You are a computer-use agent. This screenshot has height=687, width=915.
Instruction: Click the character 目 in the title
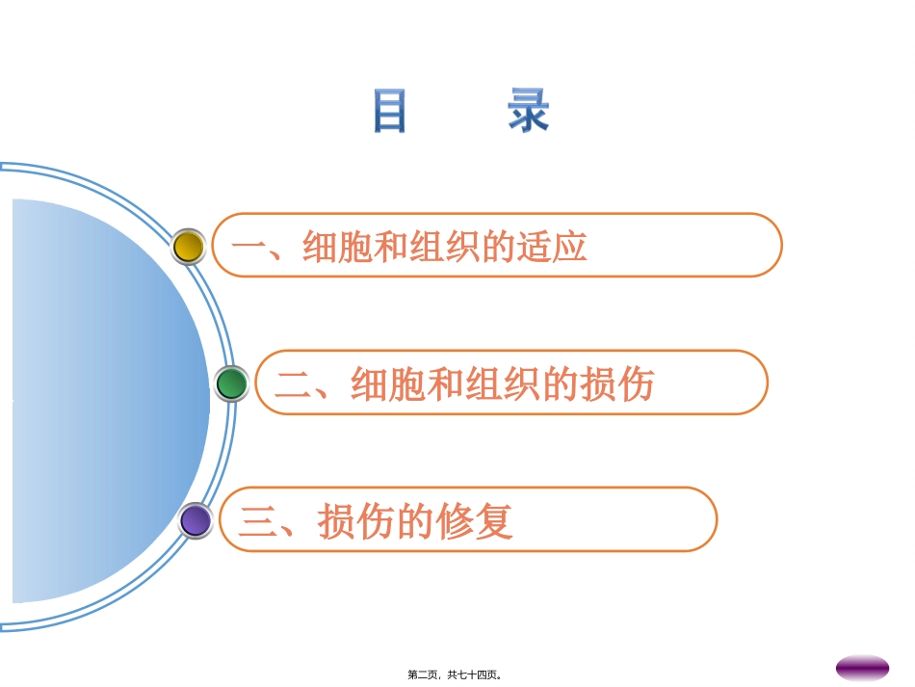coord(390,111)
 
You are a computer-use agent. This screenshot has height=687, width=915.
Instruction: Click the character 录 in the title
coord(529,111)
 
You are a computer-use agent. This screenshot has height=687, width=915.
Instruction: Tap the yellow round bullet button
coord(189,247)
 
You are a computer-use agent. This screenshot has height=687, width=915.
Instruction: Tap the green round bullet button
coord(231,383)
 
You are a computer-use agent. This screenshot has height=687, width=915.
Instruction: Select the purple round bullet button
coord(196,520)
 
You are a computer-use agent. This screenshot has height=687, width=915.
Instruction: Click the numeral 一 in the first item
coord(248,248)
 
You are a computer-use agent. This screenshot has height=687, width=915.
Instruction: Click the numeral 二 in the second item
coord(292,384)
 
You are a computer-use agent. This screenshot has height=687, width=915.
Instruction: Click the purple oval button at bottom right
coord(862,668)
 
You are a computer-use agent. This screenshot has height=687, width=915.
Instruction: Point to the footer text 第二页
coord(423,674)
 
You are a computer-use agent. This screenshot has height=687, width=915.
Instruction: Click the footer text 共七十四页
coord(474,674)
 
